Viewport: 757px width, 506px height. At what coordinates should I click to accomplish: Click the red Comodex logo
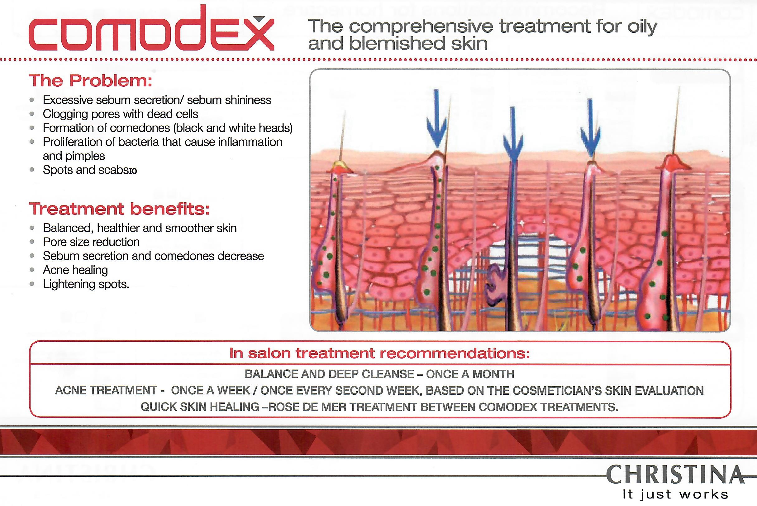151,29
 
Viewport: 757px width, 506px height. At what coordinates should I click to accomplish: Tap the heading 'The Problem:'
91,81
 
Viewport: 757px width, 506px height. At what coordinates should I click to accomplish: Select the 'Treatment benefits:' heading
120,209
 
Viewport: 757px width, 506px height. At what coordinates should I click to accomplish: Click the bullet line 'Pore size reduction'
91,242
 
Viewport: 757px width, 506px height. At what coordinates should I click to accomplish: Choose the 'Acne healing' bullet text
75,270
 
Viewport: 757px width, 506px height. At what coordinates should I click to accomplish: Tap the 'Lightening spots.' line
86,284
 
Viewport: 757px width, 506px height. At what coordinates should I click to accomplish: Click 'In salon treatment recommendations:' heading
379,353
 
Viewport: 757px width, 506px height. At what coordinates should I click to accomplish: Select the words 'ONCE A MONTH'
470,374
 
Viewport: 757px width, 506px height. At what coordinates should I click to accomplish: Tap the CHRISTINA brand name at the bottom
675,475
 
